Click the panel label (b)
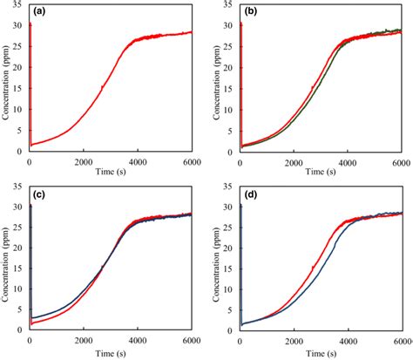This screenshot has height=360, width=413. point(251,11)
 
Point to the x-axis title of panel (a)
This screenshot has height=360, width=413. point(111,173)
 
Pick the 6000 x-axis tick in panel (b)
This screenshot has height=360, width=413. point(400,161)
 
